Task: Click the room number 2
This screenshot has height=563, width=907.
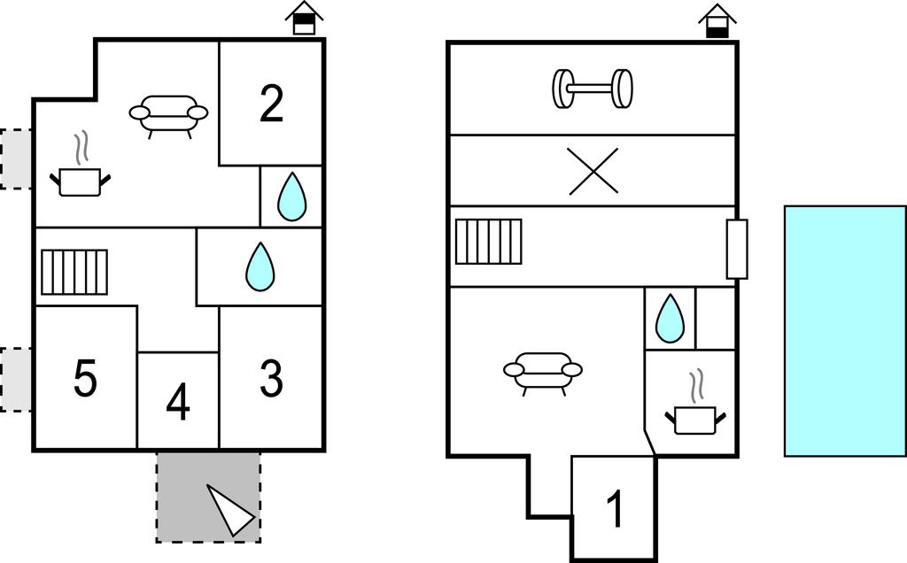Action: (x=271, y=104)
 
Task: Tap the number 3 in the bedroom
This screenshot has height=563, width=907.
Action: (x=271, y=378)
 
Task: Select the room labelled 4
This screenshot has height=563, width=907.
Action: (x=178, y=404)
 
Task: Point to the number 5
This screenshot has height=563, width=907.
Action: (x=85, y=380)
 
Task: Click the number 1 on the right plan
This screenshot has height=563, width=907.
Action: (x=614, y=510)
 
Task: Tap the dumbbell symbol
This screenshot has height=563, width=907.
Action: (x=593, y=88)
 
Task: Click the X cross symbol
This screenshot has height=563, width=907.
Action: (x=593, y=171)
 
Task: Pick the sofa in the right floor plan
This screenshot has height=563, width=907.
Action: (x=543, y=372)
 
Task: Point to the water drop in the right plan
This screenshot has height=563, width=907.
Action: (x=670, y=318)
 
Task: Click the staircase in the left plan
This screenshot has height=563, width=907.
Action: (x=74, y=272)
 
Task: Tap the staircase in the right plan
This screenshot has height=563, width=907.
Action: (x=488, y=242)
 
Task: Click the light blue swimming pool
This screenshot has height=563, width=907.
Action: (x=845, y=330)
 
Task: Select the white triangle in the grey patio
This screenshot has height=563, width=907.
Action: (x=230, y=510)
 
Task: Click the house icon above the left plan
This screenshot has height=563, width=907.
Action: (x=304, y=19)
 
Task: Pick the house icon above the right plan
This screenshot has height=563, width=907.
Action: (x=717, y=21)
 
